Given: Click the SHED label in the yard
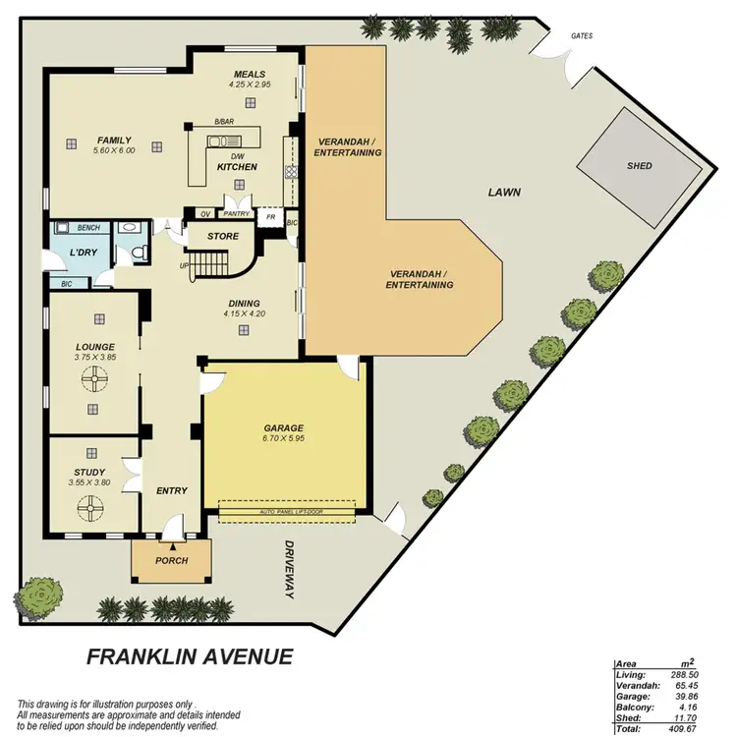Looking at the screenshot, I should point(639,166).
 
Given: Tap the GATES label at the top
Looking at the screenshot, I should point(582,36).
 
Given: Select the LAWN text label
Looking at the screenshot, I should point(503,193).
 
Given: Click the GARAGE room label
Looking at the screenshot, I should point(283,428).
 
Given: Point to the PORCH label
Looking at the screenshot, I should point(171,561).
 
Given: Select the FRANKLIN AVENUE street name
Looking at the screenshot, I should point(190,655).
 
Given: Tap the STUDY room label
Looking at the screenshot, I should point(88,472).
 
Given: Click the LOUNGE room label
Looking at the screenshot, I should point(94,347).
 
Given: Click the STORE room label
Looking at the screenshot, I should point(222,236).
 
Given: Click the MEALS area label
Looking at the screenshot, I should point(249,75).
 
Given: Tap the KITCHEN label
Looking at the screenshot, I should point(237,167).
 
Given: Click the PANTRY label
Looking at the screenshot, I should point(237,213).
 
